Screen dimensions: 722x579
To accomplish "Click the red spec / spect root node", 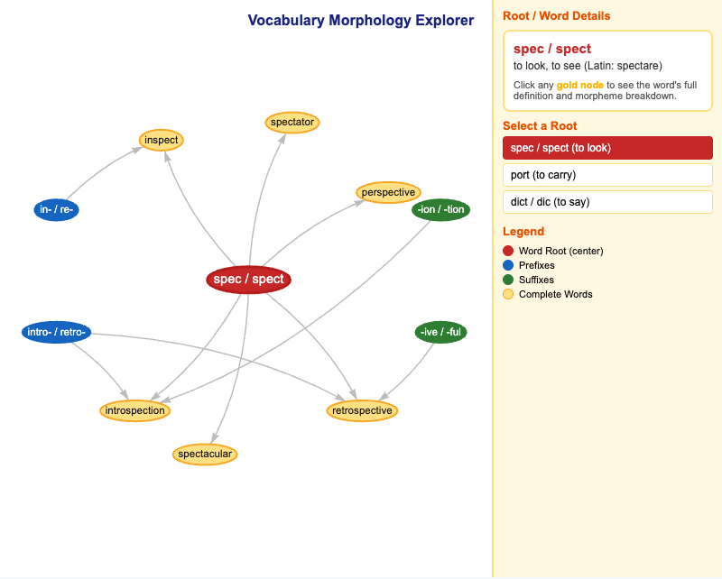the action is (x=249, y=280).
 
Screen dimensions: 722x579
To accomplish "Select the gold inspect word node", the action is (x=162, y=140).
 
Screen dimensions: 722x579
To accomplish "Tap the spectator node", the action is (x=292, y=123).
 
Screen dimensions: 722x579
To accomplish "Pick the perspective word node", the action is (x=388, y=192).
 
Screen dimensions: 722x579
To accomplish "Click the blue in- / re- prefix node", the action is (x=56, y=210).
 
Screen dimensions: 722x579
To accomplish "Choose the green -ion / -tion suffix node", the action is (x=440, y=210).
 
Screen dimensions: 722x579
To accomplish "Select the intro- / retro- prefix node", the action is (x=56, y=332).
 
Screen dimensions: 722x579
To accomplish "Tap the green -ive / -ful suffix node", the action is (x=440, y=332).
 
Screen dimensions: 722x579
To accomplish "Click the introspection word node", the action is (x=134, y=410).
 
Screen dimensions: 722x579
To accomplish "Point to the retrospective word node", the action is (x=362, y=410).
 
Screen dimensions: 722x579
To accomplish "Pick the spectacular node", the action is (x=205, y=455).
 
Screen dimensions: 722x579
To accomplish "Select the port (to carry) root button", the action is (x=607, y=175).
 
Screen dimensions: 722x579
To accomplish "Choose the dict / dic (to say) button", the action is (x=607, y=202).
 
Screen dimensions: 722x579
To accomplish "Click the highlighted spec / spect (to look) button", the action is (x=607, y=148).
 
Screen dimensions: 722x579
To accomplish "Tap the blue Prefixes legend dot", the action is (x=508, y=265).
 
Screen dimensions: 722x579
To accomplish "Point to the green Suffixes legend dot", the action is (x=508, y=280).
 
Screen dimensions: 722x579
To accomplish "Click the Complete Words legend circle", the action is (x=508, y=294).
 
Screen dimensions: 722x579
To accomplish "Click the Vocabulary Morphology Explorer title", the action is (x=360, y=20).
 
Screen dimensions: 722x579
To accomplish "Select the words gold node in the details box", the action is (x=579, y=85).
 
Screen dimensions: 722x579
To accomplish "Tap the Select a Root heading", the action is (x=540, y=126).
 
